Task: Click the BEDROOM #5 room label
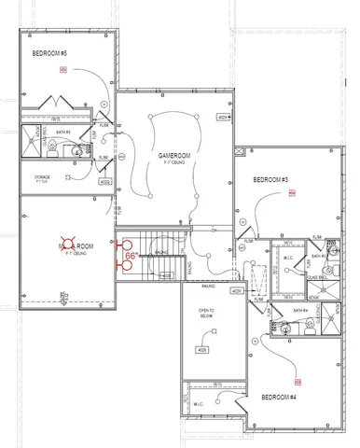pyautogui.click(x=50, y=53)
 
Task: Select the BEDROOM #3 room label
pyautogui.click(x=270, y=178)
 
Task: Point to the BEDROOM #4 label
pyautogui.click(x=278, y=397)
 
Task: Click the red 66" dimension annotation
pyautogui.click(x=132, y=254)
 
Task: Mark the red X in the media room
pyautogui.click(x=67, y=245)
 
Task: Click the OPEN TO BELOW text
pyautogui.click(x=204, y=313)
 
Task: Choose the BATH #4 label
pyautogui.click(x=300, y=310)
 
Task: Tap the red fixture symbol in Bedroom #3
pyautogui.click(x=291, y=194)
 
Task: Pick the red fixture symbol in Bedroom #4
pyautogui.click(x=297, y=382)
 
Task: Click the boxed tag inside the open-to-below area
pyautogui.click(x=201, y=350)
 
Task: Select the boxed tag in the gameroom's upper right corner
pyautogui.click(x=222, y=118)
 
